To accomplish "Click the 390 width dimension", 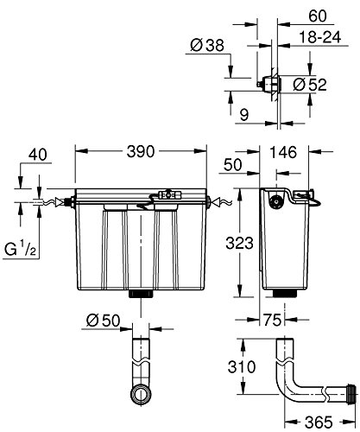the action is (141, 151).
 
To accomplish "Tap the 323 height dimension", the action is (239, 243).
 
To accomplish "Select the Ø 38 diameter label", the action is (207, 45).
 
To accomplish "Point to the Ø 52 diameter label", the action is (310, 85).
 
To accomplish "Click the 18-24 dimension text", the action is (320, 37).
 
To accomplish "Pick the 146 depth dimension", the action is (283, 152).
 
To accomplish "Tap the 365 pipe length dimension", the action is (319, 422).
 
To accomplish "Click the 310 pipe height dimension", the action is (242, 367).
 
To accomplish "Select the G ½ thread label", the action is (20, 249).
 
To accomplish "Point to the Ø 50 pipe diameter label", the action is (103, 320).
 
